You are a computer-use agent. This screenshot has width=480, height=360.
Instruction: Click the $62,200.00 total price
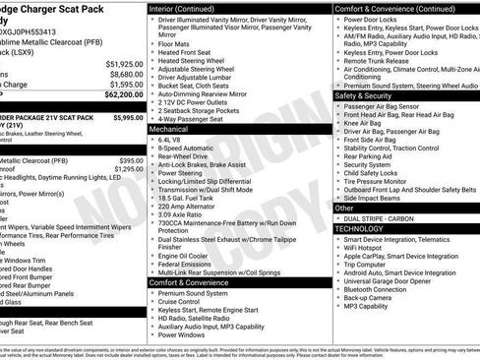122,95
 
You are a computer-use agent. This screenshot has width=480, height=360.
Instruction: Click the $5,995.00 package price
128,117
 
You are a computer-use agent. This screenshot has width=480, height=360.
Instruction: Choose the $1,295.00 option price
129,169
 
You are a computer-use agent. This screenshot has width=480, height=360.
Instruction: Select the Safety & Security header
363,95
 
